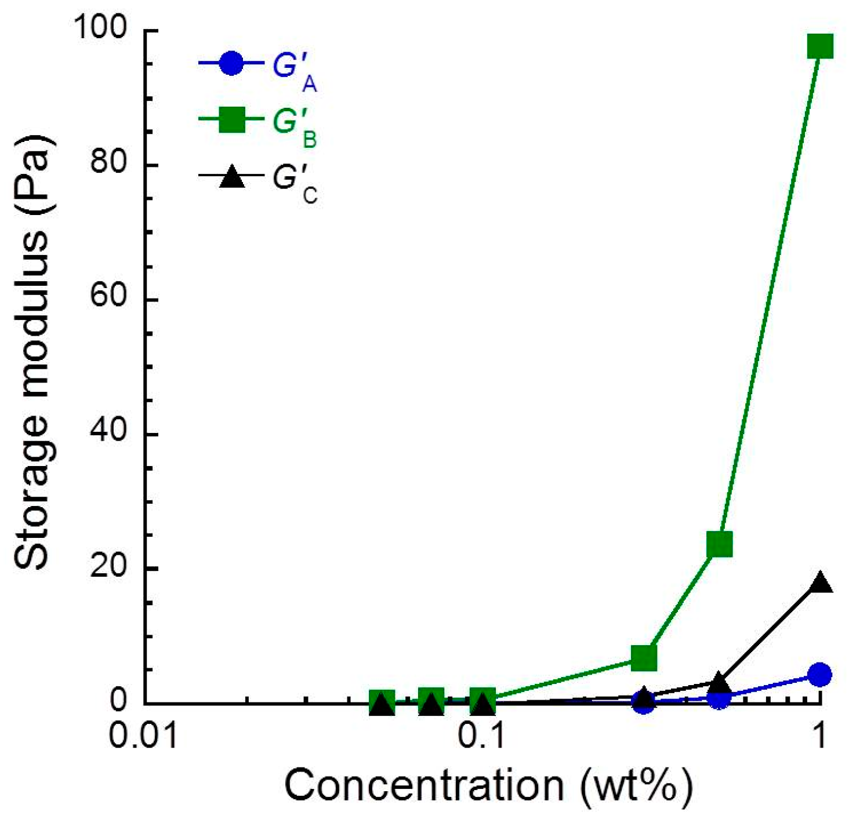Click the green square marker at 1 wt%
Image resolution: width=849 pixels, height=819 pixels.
[819, 46]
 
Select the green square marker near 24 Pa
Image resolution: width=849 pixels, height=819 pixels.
[719, 544]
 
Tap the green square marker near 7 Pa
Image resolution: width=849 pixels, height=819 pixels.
[643, 657]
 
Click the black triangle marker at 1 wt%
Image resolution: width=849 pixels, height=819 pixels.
[819, 583]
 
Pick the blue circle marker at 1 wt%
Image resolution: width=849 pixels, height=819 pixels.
[819, 674]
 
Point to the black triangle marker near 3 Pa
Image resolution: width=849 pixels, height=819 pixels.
[719, 682]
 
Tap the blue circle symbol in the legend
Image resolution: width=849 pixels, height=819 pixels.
[231, 63]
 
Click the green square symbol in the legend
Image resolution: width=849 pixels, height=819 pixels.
[231, 119]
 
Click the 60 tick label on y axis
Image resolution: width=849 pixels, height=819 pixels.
[108, 299]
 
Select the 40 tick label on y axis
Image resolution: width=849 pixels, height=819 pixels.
[108, 434]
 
